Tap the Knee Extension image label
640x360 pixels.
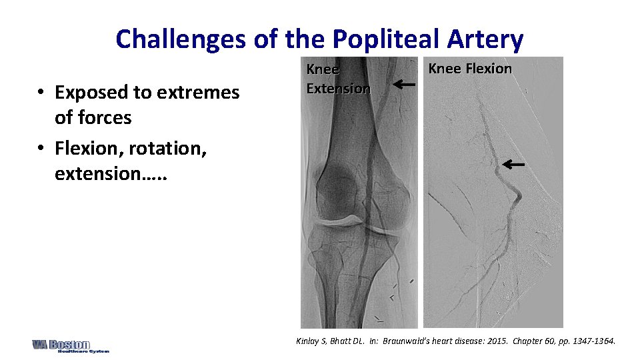pyautogui.click(x=338, y=79)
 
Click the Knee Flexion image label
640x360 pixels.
pyautogui.click(x=469, y=69)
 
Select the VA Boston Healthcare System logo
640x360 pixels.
pyautogui.click(x=70, y=345)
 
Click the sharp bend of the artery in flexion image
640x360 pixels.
pyautogui.click(x=517, y=195)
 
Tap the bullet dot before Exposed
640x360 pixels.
pyautogui.click(x=41, y=93)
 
